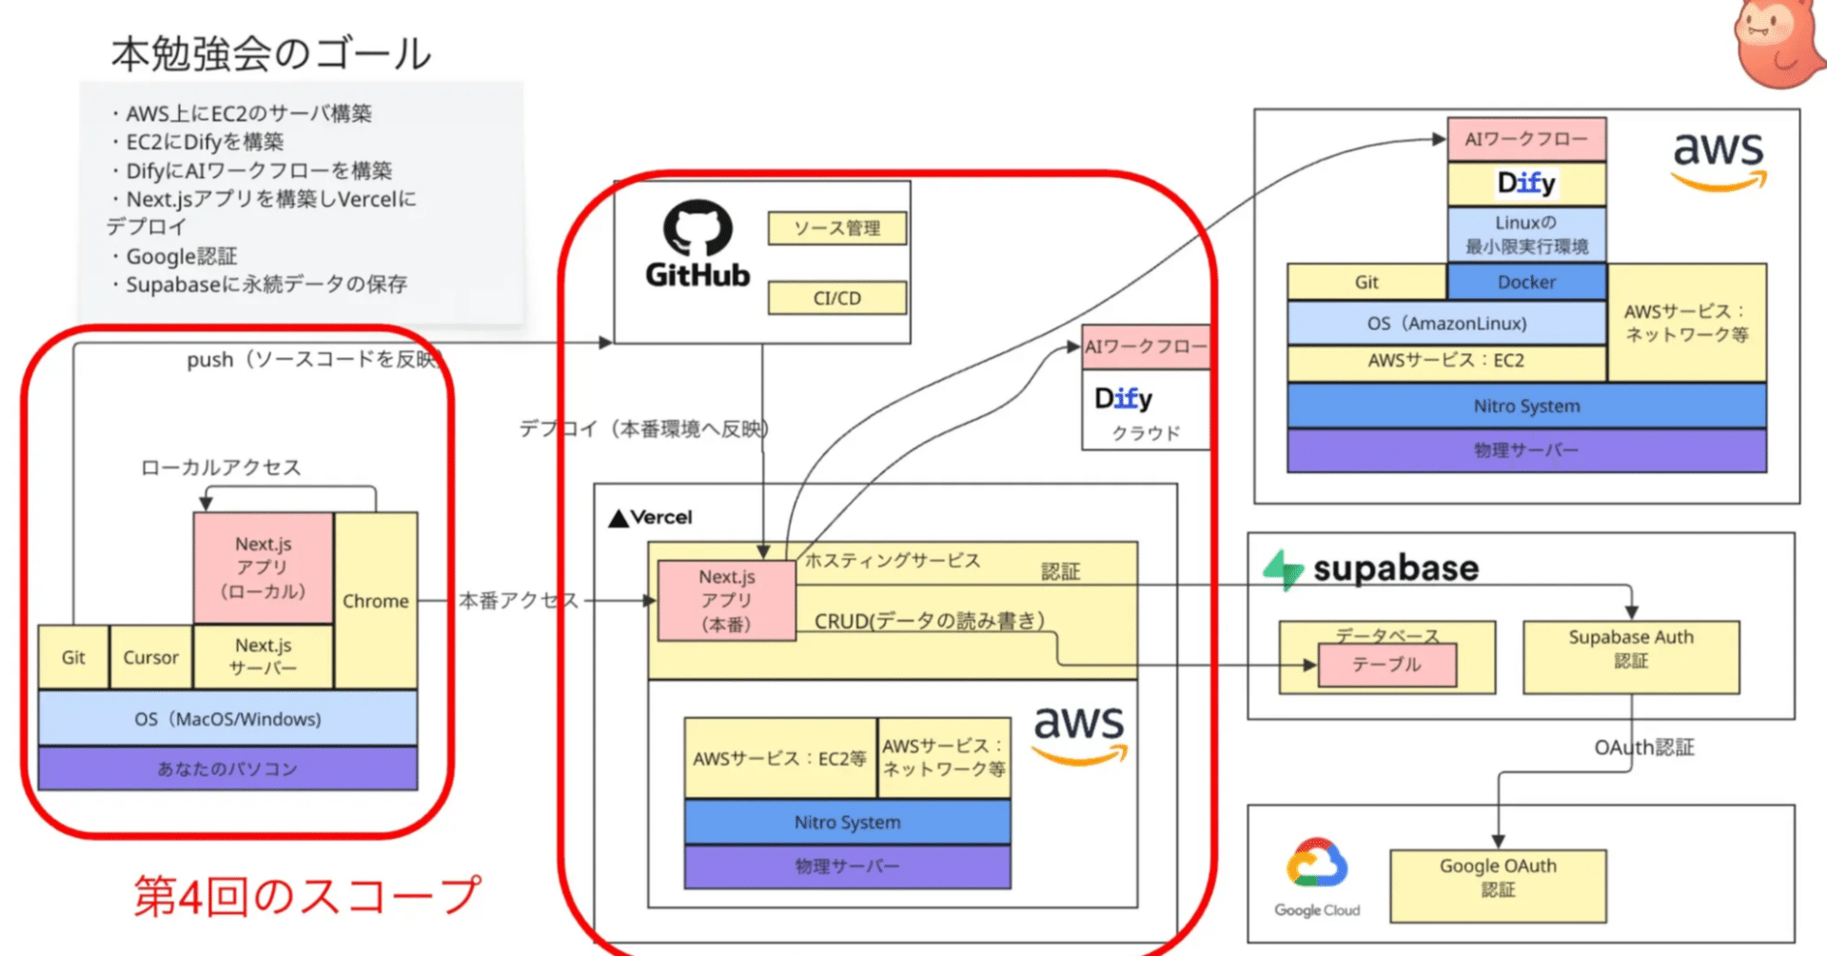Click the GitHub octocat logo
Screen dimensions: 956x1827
click(x=697, y=229)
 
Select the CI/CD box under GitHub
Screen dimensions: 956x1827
click(x=836, y=298)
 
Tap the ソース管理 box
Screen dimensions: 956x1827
click(x=836, y=229)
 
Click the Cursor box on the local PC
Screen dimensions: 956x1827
click(x=150, y=657)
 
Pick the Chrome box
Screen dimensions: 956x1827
click(x=376, y=601)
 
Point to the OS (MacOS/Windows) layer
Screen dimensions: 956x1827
click(x=227, y=719)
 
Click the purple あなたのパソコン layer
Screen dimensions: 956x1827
click(x=227, y=768)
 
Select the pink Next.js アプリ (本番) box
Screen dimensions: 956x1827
click(x=726, y=600)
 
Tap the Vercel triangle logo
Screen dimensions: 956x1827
click(x=619, y=518)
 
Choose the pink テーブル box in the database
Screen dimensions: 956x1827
click(x=1386, y=665)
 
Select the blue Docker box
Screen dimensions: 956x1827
click(x=1526, y=282)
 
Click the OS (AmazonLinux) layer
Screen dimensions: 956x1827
click(x=1446, y=323)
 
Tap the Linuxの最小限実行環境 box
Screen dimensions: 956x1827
click(x=1526, y=234)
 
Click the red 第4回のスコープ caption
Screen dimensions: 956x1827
click(x=307, y=896)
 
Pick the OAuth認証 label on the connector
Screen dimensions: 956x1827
click(x=1644, y=747)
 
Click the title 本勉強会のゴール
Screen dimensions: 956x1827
click(x=271, y=54)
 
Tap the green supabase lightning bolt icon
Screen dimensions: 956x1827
click(x=1283, y=569)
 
